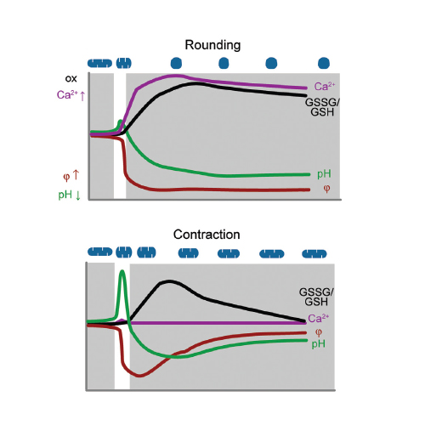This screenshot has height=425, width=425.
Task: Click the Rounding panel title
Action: click(212, 45)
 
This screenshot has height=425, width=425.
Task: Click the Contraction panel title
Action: click(207, 235)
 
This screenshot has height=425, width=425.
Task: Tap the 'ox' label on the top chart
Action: click(71, 78)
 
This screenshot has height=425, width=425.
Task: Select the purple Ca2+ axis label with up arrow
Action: click(71, 95)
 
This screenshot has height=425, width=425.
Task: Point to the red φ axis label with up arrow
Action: click(71, 176)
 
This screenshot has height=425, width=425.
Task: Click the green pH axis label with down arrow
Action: click(70, 195)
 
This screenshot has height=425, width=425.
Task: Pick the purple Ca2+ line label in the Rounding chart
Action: click(325, 87)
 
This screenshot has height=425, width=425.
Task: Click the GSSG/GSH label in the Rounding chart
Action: click(322, 107)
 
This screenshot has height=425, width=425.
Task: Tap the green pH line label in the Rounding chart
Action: click(324, 174)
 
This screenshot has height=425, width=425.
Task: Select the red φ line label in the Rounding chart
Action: click(326, 189)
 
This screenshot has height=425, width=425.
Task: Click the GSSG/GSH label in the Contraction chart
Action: click(316, 297)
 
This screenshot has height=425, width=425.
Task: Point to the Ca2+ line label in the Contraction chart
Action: click(319, 318)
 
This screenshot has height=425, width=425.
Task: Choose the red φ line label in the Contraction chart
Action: click(319, 332)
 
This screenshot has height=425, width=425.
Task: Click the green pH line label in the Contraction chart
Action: click(319, 344)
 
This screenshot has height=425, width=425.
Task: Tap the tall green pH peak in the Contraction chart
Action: click(122, 271)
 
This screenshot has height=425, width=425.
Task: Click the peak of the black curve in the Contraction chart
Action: click(169, 281)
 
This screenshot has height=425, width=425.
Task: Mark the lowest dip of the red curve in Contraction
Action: click(139, 376)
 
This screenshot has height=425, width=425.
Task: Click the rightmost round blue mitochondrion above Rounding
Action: click(324, 63)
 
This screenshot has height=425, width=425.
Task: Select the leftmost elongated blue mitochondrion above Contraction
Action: click(100, 252)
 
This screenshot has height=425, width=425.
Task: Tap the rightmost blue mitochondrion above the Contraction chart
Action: click(314, 253)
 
